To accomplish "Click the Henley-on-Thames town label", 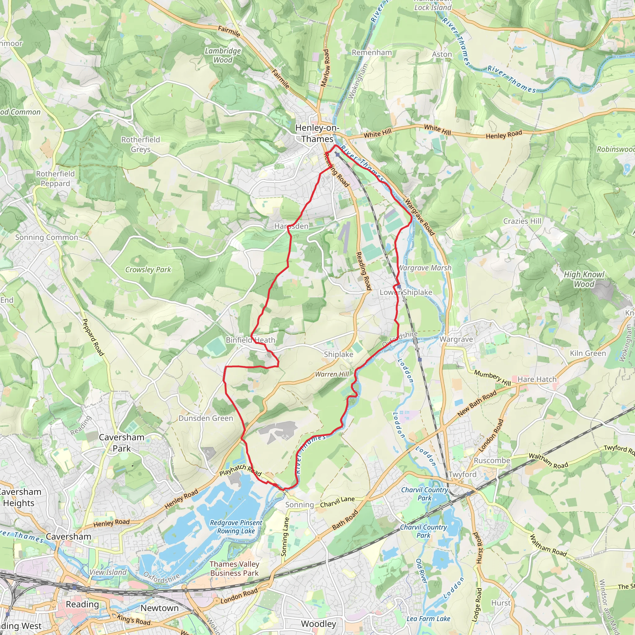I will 317,133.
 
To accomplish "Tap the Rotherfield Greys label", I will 140,144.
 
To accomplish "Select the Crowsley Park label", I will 148,269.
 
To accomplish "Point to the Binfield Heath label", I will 250,340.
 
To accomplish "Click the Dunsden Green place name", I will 206,418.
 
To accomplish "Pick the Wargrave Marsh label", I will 425,268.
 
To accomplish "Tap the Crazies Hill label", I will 522,221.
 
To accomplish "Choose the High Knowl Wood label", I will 584,279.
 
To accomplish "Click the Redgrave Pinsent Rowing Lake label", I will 236,527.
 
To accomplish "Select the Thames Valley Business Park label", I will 234,569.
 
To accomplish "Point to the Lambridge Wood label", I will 223,55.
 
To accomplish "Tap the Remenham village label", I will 372,53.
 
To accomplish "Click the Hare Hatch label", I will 537,379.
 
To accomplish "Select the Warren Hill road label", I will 332,374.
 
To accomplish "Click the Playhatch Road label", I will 240,470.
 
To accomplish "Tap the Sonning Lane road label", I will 285,537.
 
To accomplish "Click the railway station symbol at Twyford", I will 468,494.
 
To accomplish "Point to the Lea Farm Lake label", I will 428,619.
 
